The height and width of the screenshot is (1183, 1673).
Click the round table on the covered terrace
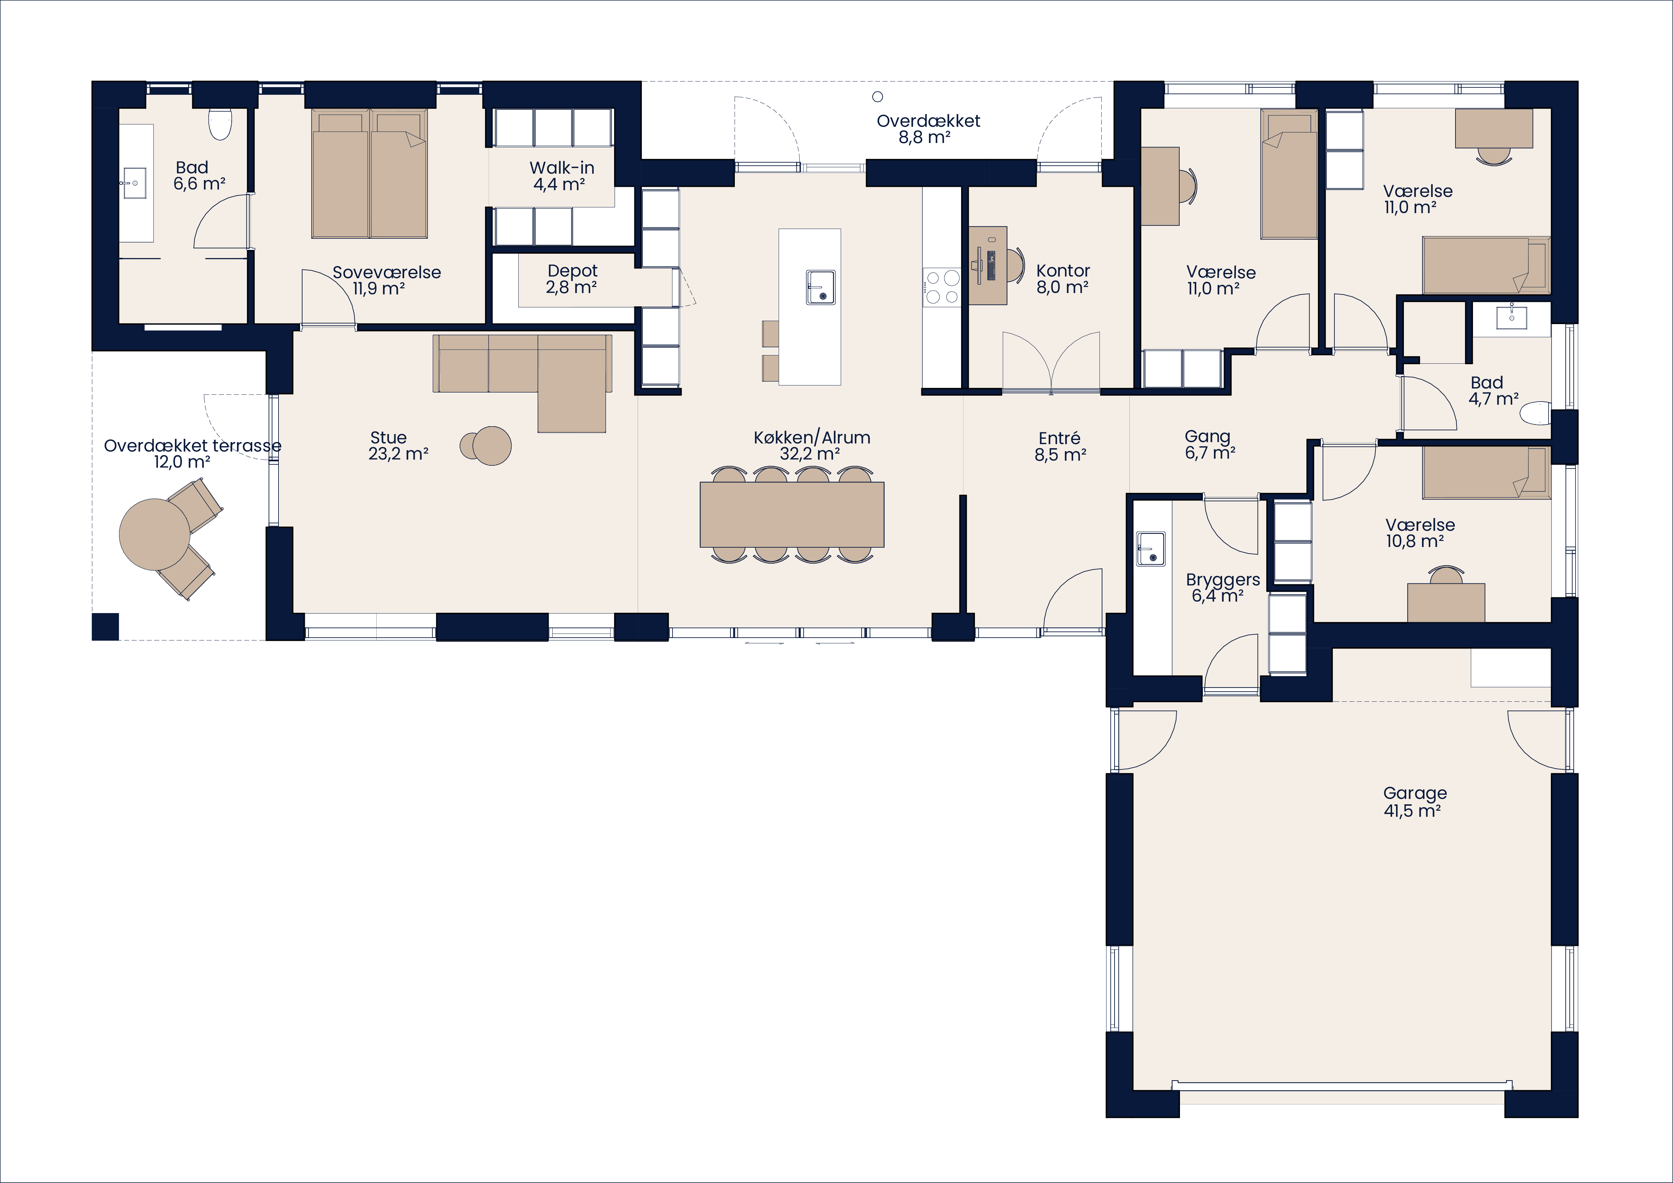click(154, 534)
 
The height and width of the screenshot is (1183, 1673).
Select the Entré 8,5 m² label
click(1060, 446)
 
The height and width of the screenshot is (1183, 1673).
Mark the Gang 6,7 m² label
click(1209, 444)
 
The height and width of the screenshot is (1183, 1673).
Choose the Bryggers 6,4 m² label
click(1222, 587)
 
